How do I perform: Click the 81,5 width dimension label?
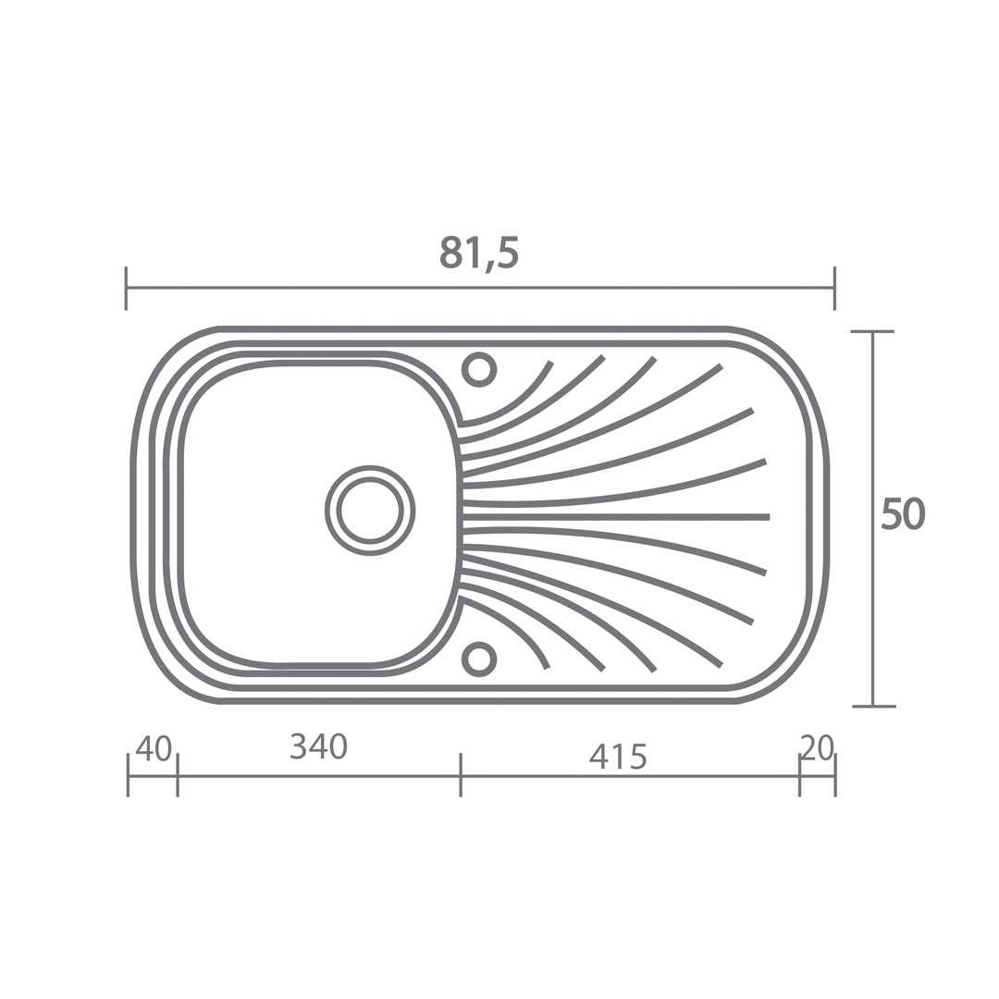pos(479,253)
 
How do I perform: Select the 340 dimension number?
pos(318,746)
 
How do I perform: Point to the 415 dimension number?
pos(618,757)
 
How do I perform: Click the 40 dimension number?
pos(154,748)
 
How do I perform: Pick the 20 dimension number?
pos(818,747)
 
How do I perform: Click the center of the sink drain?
pos(370,511)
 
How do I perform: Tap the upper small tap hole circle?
pos(479,369)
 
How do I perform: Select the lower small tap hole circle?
pos(479,659)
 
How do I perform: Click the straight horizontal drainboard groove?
pos(616,516)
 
